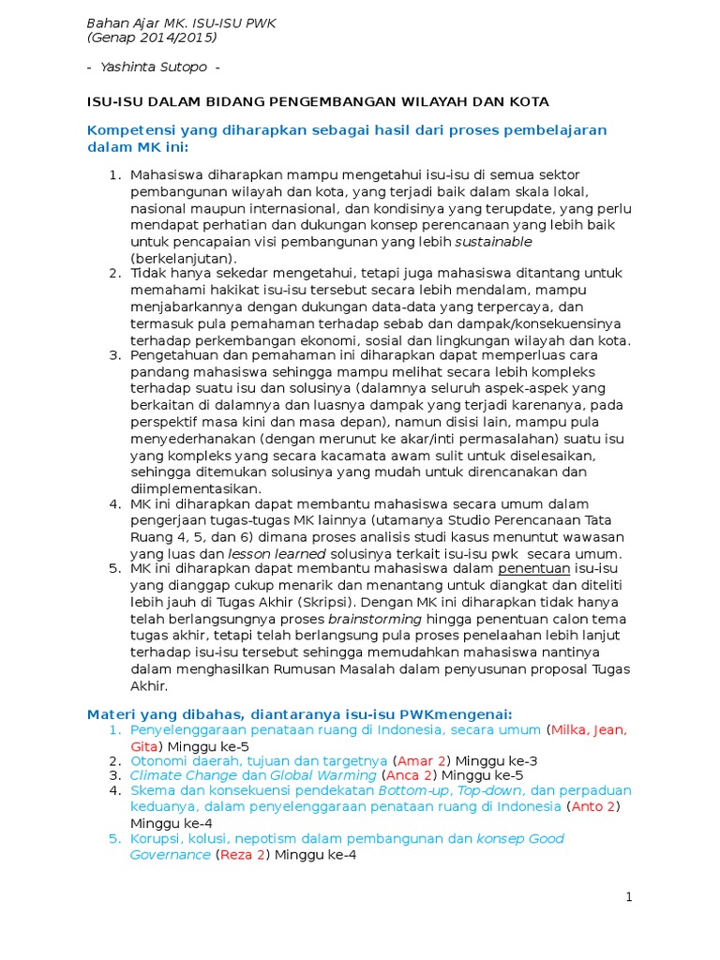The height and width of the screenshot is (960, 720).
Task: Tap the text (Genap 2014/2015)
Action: [151, 37]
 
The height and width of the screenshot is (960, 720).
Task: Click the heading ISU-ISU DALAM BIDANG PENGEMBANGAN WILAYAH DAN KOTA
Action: [317, 100]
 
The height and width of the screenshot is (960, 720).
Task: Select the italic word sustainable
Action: [493, 242]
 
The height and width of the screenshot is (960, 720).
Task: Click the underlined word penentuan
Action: [533, 568]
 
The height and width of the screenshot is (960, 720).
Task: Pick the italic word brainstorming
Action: [375, 620]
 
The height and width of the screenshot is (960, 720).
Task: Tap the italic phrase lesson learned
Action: [272, 553]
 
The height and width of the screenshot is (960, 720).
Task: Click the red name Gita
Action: [145, 745]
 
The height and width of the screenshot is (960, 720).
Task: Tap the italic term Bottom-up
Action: [410, 790]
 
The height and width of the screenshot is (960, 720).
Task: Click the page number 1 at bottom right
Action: [630, 897]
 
